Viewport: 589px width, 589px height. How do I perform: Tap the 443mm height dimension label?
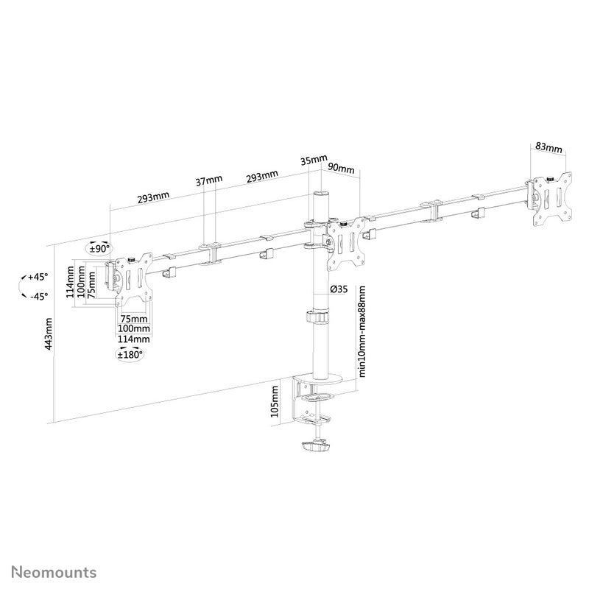(49, 334)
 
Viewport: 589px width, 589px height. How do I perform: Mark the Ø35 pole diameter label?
(339, 289)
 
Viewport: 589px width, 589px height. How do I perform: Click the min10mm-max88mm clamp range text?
(363, 331)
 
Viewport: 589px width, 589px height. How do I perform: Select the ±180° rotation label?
(130, 356)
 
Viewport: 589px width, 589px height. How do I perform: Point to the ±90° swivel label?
(99, 249)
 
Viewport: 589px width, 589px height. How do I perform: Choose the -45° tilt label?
(37, 296)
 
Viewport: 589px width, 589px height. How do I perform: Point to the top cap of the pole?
(321, 194)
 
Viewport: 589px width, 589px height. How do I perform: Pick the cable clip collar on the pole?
(318, 318)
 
